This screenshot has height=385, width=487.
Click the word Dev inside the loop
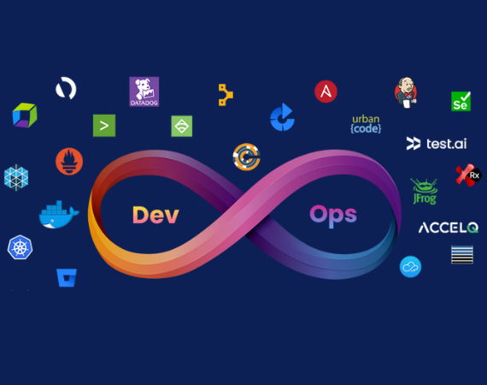click(155, 215)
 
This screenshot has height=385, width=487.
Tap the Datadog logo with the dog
click(144, 92)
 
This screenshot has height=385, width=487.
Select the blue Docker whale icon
click(59, 214)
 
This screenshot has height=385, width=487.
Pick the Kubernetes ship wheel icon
click(20, 248)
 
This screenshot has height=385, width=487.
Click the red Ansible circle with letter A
click(326, 92)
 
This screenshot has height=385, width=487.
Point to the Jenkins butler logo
click(405, 92)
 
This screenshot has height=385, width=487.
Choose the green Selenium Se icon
click(461, 102)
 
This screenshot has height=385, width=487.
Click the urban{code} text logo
click(366, 124)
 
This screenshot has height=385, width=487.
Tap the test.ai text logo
click(436, 144)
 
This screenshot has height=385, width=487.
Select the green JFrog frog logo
click(424, 192)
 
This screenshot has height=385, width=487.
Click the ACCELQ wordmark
click(449, 228)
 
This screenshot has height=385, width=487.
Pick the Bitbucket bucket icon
click(67, 277)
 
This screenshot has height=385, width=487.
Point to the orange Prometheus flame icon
click(69, 161)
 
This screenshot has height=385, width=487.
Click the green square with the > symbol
click(104, 126)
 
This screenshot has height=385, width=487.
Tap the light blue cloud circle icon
click(410, 267)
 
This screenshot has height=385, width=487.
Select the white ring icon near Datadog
click(66, 88)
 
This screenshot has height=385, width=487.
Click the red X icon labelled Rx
click(467, 175)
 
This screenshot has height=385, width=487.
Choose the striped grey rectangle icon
click(462, 254)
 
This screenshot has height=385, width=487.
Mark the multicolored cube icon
click(24, 115)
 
